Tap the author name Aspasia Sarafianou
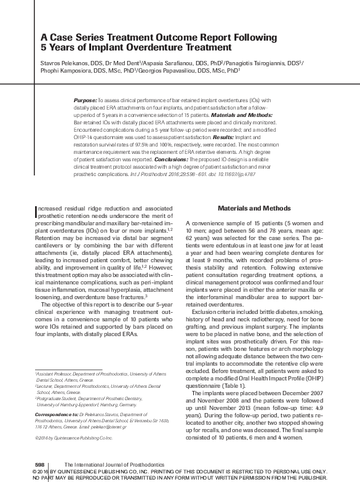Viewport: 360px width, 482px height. tap(162, 63)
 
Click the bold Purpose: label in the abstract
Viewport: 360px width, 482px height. tap(85, 99)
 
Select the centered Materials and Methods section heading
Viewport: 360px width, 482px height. tap(249, 209)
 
